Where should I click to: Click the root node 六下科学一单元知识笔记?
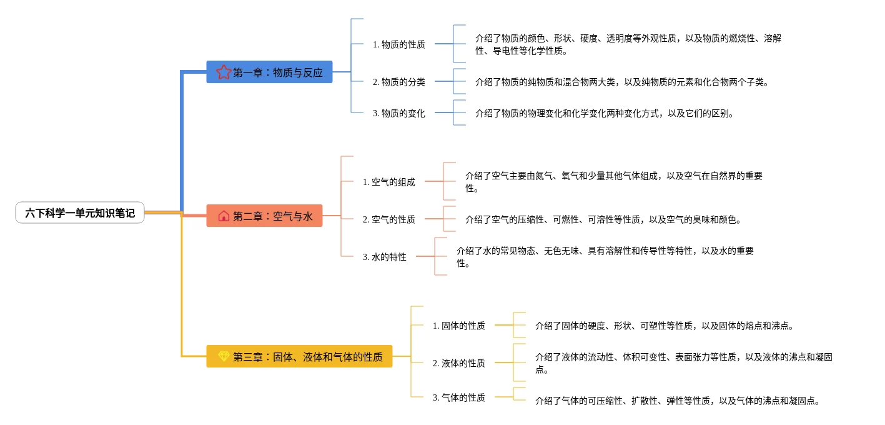(x=80, y=213)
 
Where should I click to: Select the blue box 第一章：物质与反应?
(x=269, y=72)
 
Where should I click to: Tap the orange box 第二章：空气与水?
(x=264, y=216)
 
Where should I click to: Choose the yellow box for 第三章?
(x=299, y=356)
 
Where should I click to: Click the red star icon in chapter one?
(x=224, y=72)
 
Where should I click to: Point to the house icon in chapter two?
(x=224, y=216)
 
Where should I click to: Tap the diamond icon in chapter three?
(x=224, y=356)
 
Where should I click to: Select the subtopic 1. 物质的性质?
(x=398, y=44)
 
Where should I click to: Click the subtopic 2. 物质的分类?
(x=398, y=82)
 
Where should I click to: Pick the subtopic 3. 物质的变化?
(x=398, y=113)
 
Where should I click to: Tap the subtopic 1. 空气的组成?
(x=388, y=182)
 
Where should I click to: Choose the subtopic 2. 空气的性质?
(x=388, y=219)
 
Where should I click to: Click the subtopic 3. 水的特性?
(x=384, y=257)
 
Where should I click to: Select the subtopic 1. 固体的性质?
(x=458, y=326)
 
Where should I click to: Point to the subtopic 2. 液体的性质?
(x=458, y=363)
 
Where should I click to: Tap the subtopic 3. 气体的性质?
(x=458, y=397)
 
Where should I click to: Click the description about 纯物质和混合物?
(x=621, y=82)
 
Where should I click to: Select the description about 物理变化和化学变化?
(x=604, y=113)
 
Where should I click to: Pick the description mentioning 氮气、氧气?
(x=613, y=182)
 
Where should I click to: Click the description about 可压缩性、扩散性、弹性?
(x=677, y=401)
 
